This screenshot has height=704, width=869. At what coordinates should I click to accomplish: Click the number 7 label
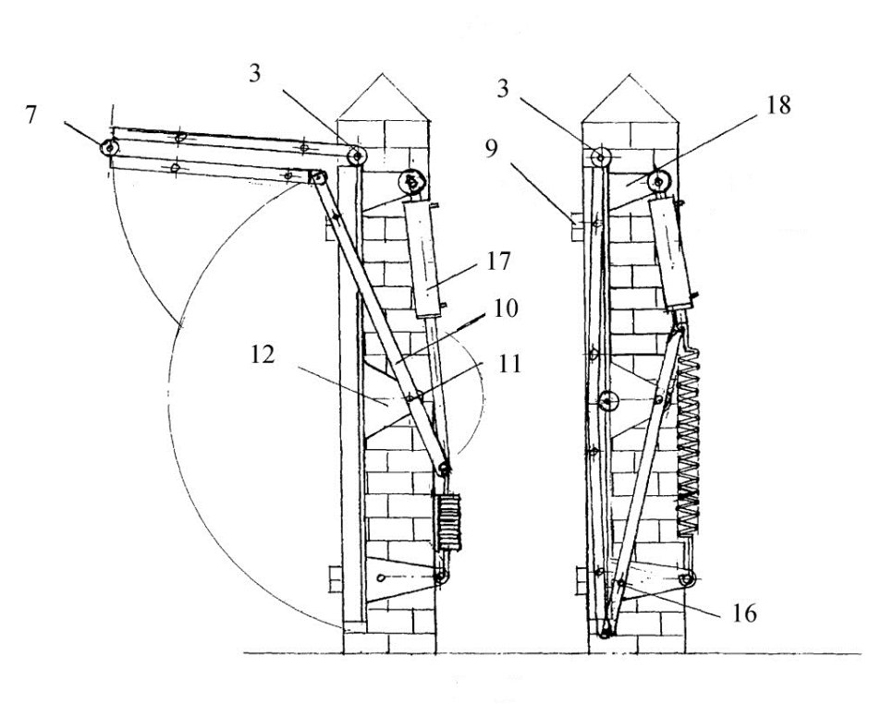[31, 115]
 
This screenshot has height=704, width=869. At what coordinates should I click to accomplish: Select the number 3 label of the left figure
[254, 74]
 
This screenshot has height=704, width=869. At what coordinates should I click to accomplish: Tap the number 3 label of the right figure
[503, 89]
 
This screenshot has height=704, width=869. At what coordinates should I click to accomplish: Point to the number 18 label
[778, 104]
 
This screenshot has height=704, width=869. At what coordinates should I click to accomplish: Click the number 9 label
[492, 149]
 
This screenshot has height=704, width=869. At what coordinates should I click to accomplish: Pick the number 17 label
[498, 261]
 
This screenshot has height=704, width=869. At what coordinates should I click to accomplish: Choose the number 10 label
[505, 308]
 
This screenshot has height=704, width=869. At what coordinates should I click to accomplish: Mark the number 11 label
[509, 364]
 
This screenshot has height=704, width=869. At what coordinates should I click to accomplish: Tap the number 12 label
[263, 355]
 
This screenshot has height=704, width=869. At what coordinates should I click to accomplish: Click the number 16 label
[744, 613]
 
